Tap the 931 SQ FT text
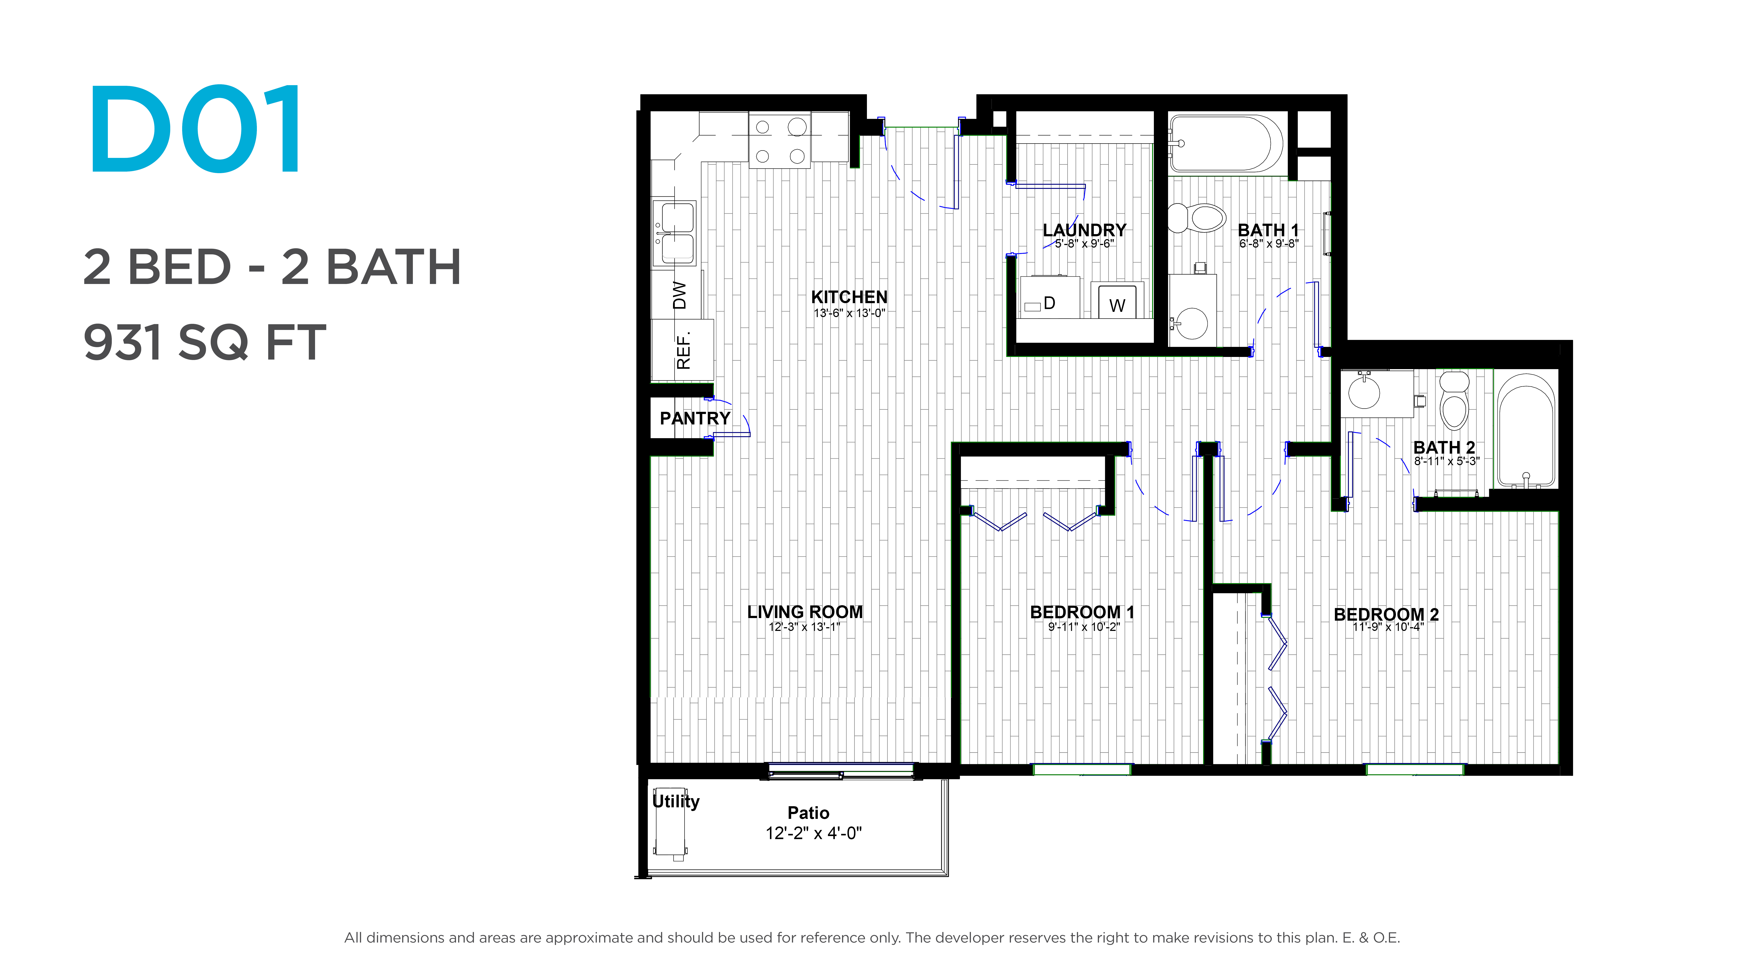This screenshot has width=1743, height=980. [204, 342]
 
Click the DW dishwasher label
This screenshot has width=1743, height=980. [679, 296]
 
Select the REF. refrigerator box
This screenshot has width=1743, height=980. [682, 350]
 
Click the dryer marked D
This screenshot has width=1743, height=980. [1049, 297]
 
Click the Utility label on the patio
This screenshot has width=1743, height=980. [675, 801]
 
